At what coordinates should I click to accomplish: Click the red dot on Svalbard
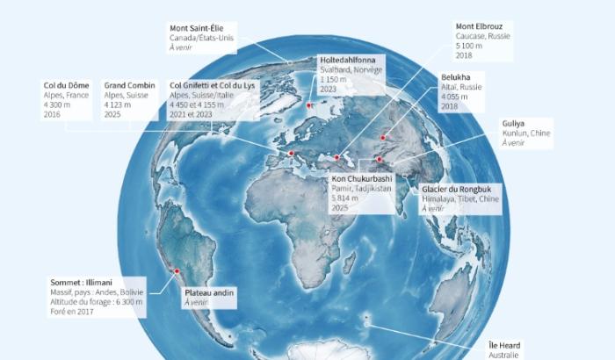309,107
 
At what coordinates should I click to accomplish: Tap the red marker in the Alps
291,154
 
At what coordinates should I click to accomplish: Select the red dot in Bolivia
177,270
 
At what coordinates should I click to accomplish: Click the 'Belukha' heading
457,77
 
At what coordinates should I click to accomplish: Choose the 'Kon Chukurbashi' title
362,179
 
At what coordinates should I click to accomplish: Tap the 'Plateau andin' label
209,292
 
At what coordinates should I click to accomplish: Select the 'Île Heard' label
505,345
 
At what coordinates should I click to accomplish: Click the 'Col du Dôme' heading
67,85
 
